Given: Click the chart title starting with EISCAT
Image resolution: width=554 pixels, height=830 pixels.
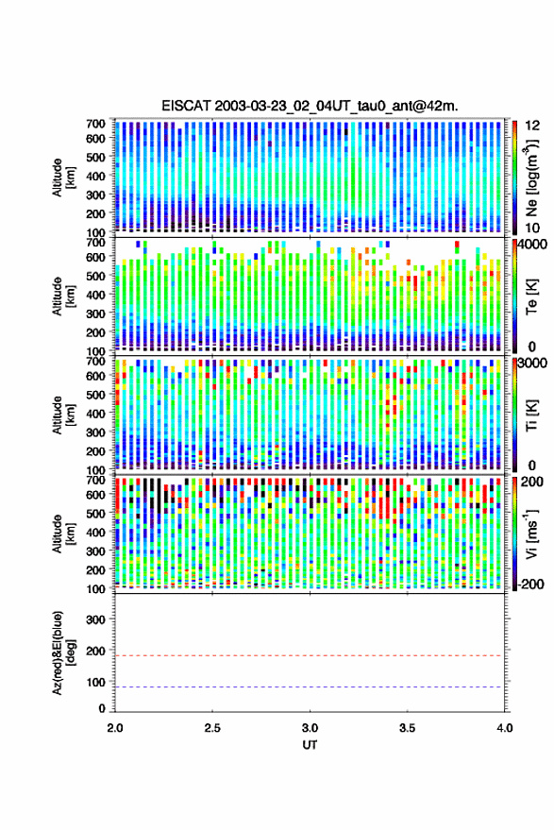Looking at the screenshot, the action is click(x=310, y=106).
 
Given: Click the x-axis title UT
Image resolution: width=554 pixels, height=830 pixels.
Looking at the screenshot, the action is click(x=310, y=745).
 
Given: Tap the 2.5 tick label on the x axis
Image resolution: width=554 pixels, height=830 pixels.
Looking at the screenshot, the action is click(x=212, y=728).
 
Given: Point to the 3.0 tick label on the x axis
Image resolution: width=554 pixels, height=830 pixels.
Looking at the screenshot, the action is click(x=310, y=728).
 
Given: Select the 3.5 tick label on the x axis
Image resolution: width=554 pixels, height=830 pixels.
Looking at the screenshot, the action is click(x=407, y=728).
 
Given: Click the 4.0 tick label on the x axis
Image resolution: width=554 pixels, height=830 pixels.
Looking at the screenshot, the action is click(x=504, y=728).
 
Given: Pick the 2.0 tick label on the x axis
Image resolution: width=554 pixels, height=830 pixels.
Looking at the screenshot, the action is click(x=115, y=728).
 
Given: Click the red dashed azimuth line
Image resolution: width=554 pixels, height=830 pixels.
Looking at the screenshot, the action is click(x=309, y=655).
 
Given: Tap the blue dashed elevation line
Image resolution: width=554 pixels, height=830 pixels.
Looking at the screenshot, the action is click(x=309, y=686).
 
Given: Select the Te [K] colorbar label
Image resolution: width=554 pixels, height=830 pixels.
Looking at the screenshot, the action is click(x=531, y=296).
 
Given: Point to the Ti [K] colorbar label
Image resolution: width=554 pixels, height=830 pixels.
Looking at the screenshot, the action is click(x=531, y=415).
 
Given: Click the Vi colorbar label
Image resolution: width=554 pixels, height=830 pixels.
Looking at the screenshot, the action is click(x=531, y=534).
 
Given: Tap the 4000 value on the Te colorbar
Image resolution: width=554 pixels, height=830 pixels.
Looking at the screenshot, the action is click(x=533, y=245).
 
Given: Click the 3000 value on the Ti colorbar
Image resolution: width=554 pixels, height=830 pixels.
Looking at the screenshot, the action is click(x=533, y=364).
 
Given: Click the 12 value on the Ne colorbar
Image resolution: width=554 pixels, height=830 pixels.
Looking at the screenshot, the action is click(x=533, y=126).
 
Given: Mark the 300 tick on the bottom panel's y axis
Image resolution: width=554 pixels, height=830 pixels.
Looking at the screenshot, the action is click(x=95, y=619).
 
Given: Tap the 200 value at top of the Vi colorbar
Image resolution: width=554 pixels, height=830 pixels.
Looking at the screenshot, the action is click(x=531, y=482).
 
